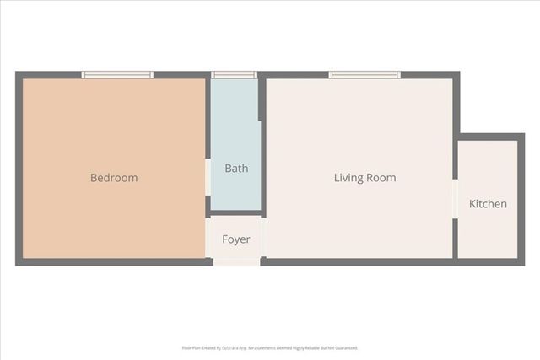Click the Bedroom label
[114, 178]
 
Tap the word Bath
[236, 168]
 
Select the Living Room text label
[364, 178]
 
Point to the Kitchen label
[488, 204]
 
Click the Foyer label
[236, 239]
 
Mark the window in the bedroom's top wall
[117, 75]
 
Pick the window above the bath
[234, 75]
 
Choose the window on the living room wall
[364, 75]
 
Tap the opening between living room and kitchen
[456, 200]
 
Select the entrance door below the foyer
[236, 261]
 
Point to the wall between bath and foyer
[235, 213]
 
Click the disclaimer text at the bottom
[270, 347]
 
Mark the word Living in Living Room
[349, 178]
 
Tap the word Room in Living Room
[381, 178]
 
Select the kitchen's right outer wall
[521, 200]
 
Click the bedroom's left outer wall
[19, 169]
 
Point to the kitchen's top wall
[489, 137]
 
